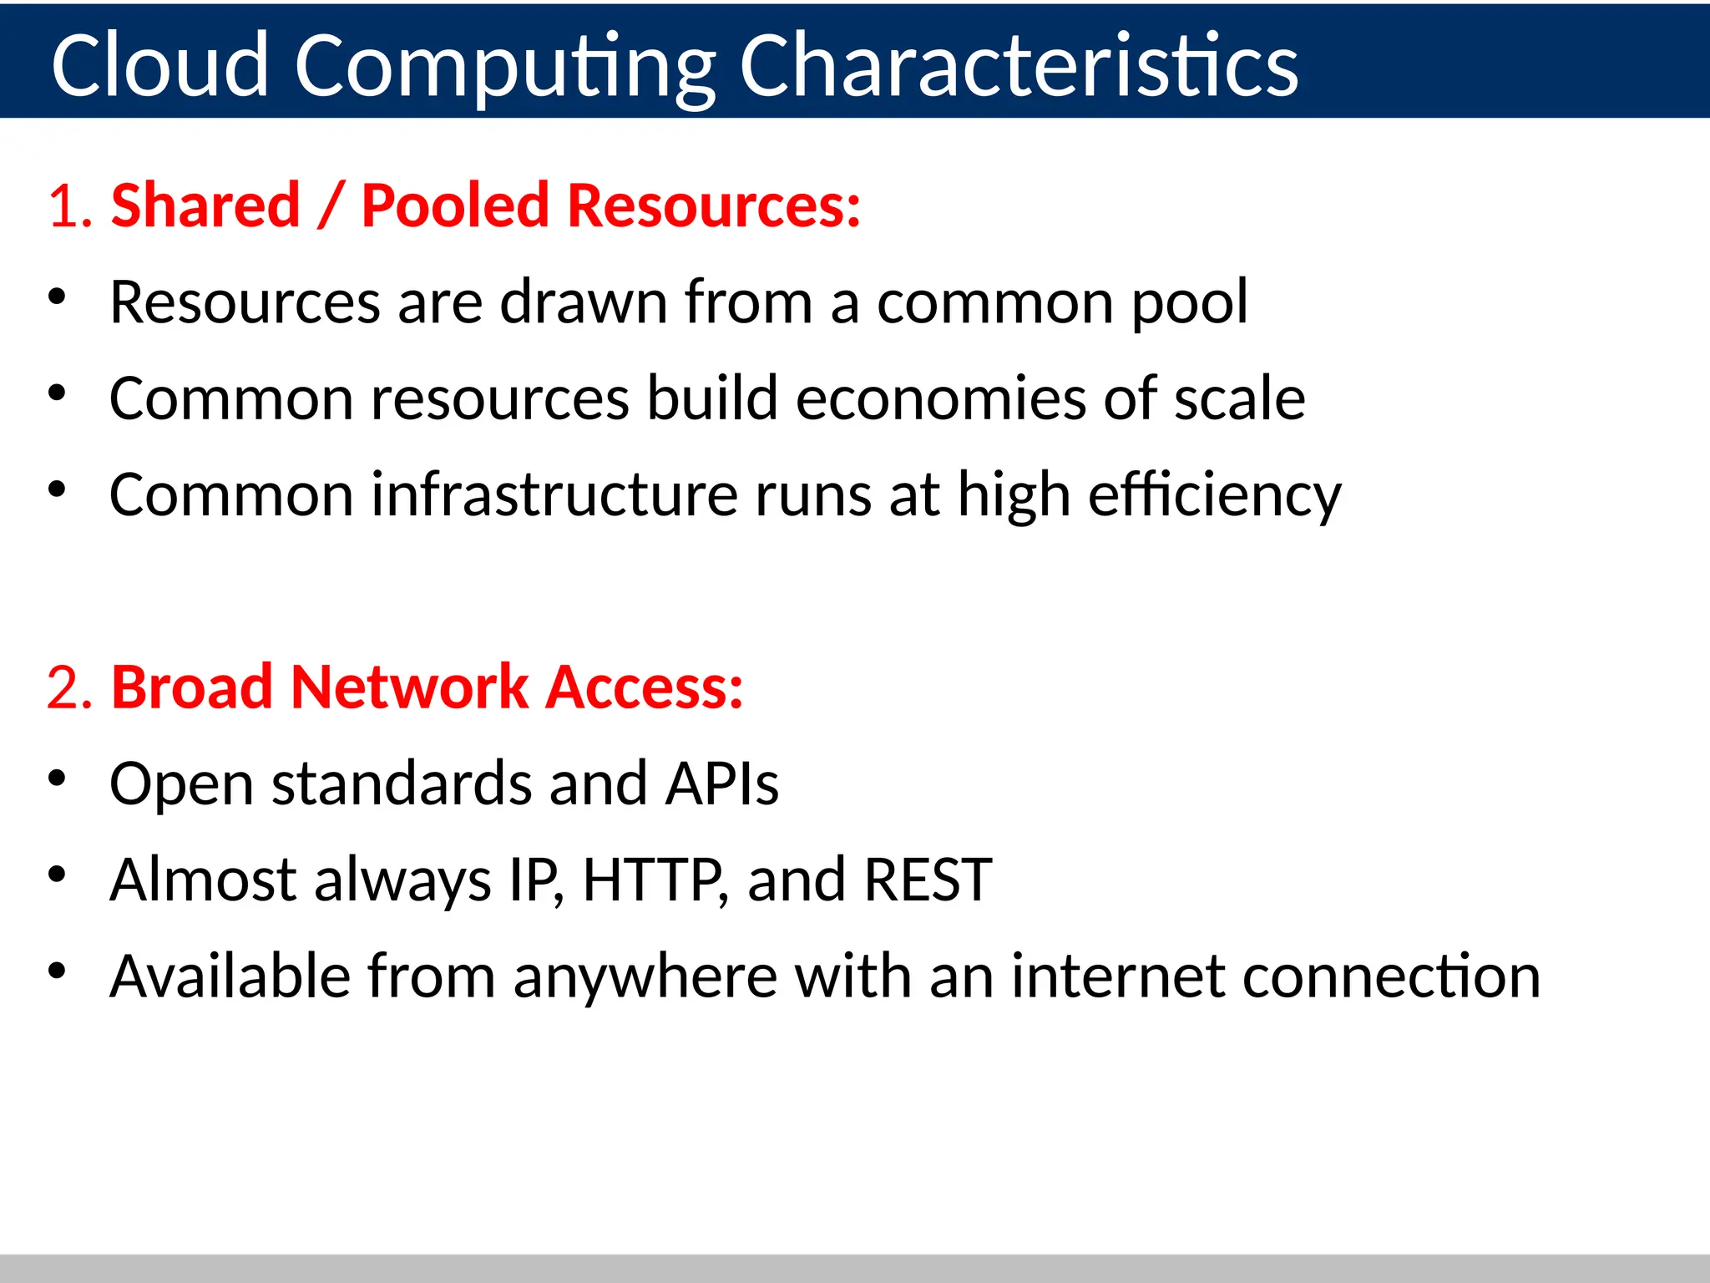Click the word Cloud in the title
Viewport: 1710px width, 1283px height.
[159, 65]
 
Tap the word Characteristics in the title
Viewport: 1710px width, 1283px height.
[1019, 65]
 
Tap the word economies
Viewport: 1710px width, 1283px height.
[940, 398]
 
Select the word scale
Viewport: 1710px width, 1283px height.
[1239, 398]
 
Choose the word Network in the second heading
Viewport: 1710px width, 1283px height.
[409, 687]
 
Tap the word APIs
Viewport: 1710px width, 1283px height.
[721, 783]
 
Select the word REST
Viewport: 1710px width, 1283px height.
[927, 880]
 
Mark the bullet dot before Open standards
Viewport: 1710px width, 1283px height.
[57, 778]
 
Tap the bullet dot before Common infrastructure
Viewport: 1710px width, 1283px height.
[57, 489]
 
